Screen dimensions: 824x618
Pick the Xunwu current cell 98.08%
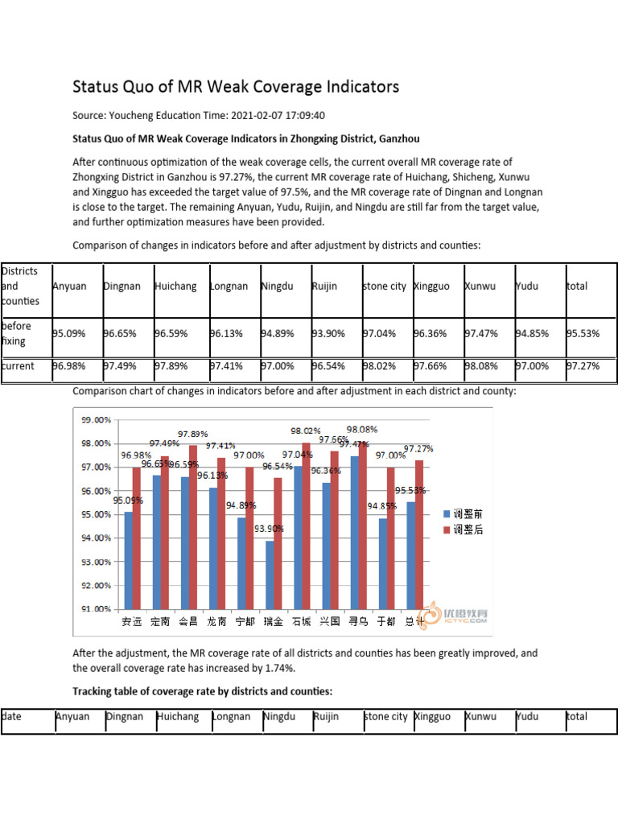point(481,366)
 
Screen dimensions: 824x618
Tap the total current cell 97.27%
point(583,366)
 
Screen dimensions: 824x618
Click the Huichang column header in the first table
point(175,286)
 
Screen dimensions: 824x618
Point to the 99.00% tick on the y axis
point(96,420)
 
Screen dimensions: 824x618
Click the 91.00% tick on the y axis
point(96,609)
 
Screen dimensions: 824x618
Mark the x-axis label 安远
point(131,621)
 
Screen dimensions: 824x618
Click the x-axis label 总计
point(414,621)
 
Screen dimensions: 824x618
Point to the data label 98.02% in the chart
point(306,431)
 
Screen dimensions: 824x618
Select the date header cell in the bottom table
point(12,717)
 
